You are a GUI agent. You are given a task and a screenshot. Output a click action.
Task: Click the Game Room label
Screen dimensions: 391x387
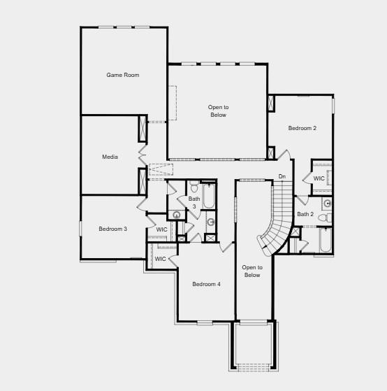pos(122,75)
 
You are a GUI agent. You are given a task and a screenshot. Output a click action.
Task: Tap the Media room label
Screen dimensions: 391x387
pos(110,157)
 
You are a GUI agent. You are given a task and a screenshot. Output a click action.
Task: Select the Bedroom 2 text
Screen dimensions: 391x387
pos(302,128)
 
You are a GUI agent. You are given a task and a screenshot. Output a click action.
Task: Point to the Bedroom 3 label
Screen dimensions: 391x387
pos(112,229)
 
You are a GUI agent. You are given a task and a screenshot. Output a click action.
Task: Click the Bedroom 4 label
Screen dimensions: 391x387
pos(206,284)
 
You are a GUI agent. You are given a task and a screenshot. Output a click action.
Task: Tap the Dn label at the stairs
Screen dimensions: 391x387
pos(282,176)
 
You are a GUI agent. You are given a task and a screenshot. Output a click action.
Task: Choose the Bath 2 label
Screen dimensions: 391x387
pos(305,214)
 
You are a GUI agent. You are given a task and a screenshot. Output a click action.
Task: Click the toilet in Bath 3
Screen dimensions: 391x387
pos(194,187)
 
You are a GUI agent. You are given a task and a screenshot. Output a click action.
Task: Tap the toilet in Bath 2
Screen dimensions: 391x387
pos(326,218)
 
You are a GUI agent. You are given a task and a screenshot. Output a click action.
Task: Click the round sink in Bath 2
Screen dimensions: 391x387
pos(327,204)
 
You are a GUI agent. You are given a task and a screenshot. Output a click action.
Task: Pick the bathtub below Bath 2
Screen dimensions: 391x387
pos(326,241)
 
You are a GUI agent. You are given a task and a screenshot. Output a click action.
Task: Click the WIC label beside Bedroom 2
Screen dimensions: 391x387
pos(319,178)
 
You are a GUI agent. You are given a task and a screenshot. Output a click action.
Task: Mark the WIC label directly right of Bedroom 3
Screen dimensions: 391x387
pos(161,229)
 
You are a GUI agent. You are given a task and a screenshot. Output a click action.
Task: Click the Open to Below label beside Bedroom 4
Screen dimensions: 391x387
pos(251,271)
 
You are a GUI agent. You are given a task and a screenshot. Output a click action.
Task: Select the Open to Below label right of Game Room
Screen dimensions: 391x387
pos(218,111)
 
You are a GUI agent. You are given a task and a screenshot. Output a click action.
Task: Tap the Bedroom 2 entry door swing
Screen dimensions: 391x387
pos(284,155)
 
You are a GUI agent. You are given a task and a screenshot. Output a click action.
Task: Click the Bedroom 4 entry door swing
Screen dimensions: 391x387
pos(226,247)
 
